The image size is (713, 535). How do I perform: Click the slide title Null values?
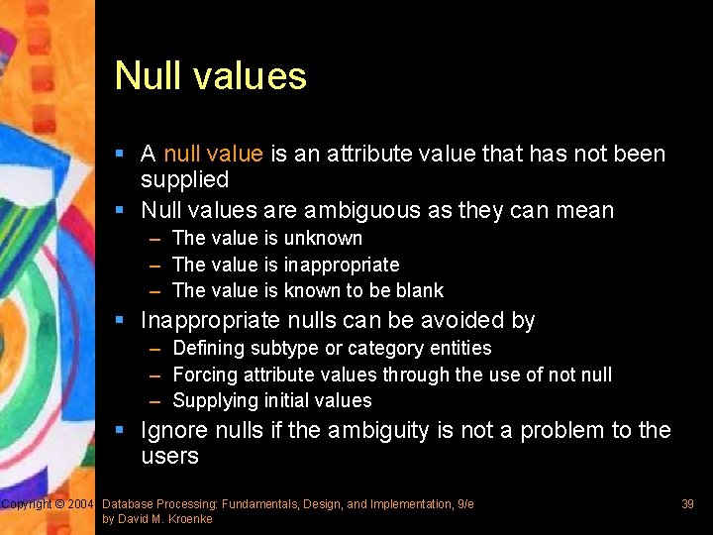click(210, 76)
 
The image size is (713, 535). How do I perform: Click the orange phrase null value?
click(213, 154)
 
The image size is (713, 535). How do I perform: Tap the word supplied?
click(184, 180)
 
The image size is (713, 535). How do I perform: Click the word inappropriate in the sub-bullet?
click(342, 265)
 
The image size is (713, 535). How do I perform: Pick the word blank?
click(420, 290)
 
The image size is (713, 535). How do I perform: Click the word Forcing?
click(205, 374)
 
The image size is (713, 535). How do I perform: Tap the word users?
click(169, 457)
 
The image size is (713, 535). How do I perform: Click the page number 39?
click(687, 504)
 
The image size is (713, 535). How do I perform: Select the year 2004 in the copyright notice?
click(80, 504)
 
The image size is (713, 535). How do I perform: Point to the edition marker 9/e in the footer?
click(464, 504)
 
